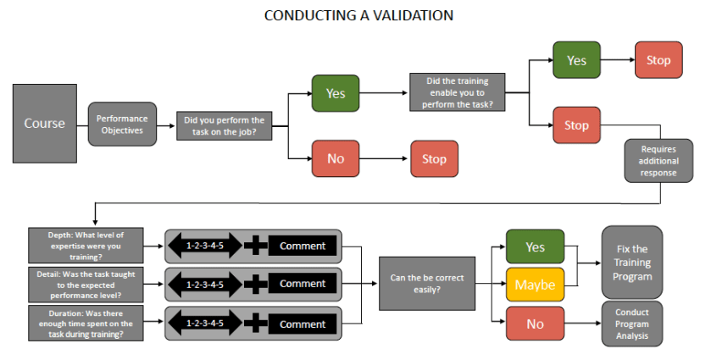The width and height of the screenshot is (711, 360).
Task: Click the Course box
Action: (x=44, y=124)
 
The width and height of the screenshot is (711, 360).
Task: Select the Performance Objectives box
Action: (x=122, y=125)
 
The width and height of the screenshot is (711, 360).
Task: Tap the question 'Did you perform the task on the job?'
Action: (x=225, y=126)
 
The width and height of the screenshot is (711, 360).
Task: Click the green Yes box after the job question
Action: (x=336, y=93)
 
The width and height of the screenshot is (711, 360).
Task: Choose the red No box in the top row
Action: (x=336, y=158)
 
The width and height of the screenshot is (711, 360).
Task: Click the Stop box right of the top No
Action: (x=434, y=158)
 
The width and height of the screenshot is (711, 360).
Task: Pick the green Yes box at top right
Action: (x=576, y=60)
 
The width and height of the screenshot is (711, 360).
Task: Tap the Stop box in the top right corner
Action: (x=658, y=60)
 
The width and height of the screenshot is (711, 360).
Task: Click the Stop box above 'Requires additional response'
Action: (x=576, y=125)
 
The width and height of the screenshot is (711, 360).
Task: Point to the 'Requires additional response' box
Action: (x=659, y=161)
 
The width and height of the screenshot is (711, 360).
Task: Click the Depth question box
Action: (x=81, y=246)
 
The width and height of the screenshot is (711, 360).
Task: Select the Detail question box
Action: (x=81, y=285)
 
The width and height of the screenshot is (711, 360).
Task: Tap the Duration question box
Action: (x=81, y=324)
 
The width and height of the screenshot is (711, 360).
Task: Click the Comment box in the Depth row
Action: (x=303, y=246)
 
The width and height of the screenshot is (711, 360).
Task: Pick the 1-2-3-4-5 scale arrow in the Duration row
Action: (x=204, y=324)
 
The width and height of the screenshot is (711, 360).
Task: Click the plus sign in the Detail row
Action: (x=255, y=285)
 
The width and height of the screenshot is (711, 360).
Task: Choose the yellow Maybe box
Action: (x=535, y=285)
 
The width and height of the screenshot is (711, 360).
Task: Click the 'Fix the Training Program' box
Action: (x=631, y=263)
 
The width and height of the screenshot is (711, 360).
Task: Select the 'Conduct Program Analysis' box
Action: (x=631, y=323)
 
